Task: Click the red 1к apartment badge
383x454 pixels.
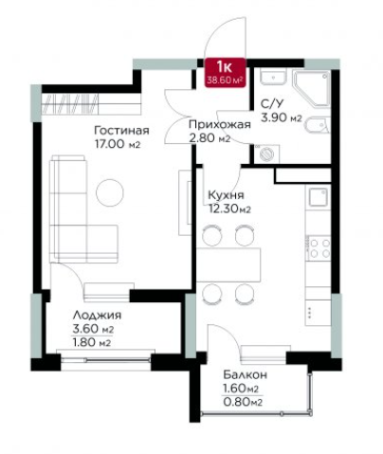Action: [225, 72]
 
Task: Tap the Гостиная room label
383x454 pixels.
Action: [121, 130]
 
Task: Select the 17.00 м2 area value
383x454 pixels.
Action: [118, 144]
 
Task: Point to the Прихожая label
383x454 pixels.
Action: [220, 124]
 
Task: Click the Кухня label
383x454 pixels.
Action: [226, 195]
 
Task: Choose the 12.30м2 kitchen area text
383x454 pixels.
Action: [229, 209]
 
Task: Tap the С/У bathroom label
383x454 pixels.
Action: [272, 103]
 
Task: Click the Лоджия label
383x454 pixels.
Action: [97, 316]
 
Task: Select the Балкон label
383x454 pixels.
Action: [245, 374]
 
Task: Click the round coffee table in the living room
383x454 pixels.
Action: [110, 192]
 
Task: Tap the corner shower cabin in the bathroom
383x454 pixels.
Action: [311, 89]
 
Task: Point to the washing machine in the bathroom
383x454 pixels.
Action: [267, 154]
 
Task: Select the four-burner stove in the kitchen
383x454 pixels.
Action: [319, 247]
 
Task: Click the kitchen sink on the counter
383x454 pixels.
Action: [318, 197]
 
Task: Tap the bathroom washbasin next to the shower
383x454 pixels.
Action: [273, 77]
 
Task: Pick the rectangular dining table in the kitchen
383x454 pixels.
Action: [228, 264]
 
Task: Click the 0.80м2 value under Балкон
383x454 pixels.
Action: [243, 402]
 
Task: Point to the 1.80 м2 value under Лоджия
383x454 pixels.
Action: [92, 342]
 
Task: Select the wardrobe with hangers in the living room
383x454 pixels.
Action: [91, 103]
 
